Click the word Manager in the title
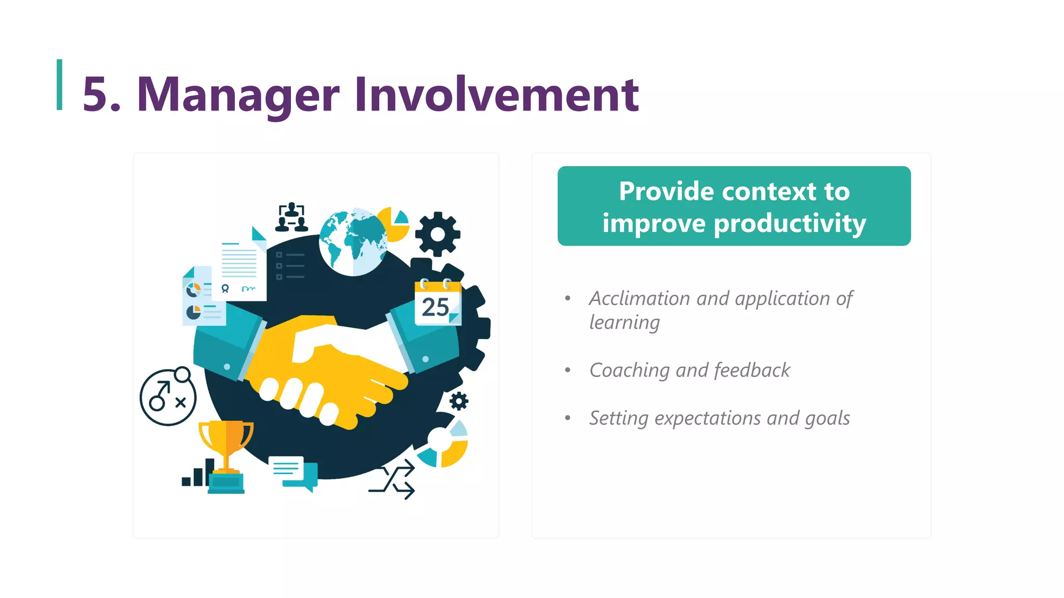click(x=238, y=94)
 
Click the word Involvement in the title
click(x=497, y=94)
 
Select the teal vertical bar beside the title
click(x=60, y=85)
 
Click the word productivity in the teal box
click(x=790, y=224)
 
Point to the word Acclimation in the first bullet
click(x=639, y=298)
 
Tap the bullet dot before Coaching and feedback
click(x=568, y=370)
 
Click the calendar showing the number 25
click(x=437, y=303)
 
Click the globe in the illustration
click(x=353, y=242)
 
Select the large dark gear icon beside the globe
click(x=437, y=234)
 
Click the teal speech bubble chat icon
click(x=295, y=472)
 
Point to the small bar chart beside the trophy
click(x=196, y=473)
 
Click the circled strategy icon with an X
click(x=168, y=397)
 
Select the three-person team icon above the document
click(x=291, y=217)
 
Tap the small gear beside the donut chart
click(x=459, y=401)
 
